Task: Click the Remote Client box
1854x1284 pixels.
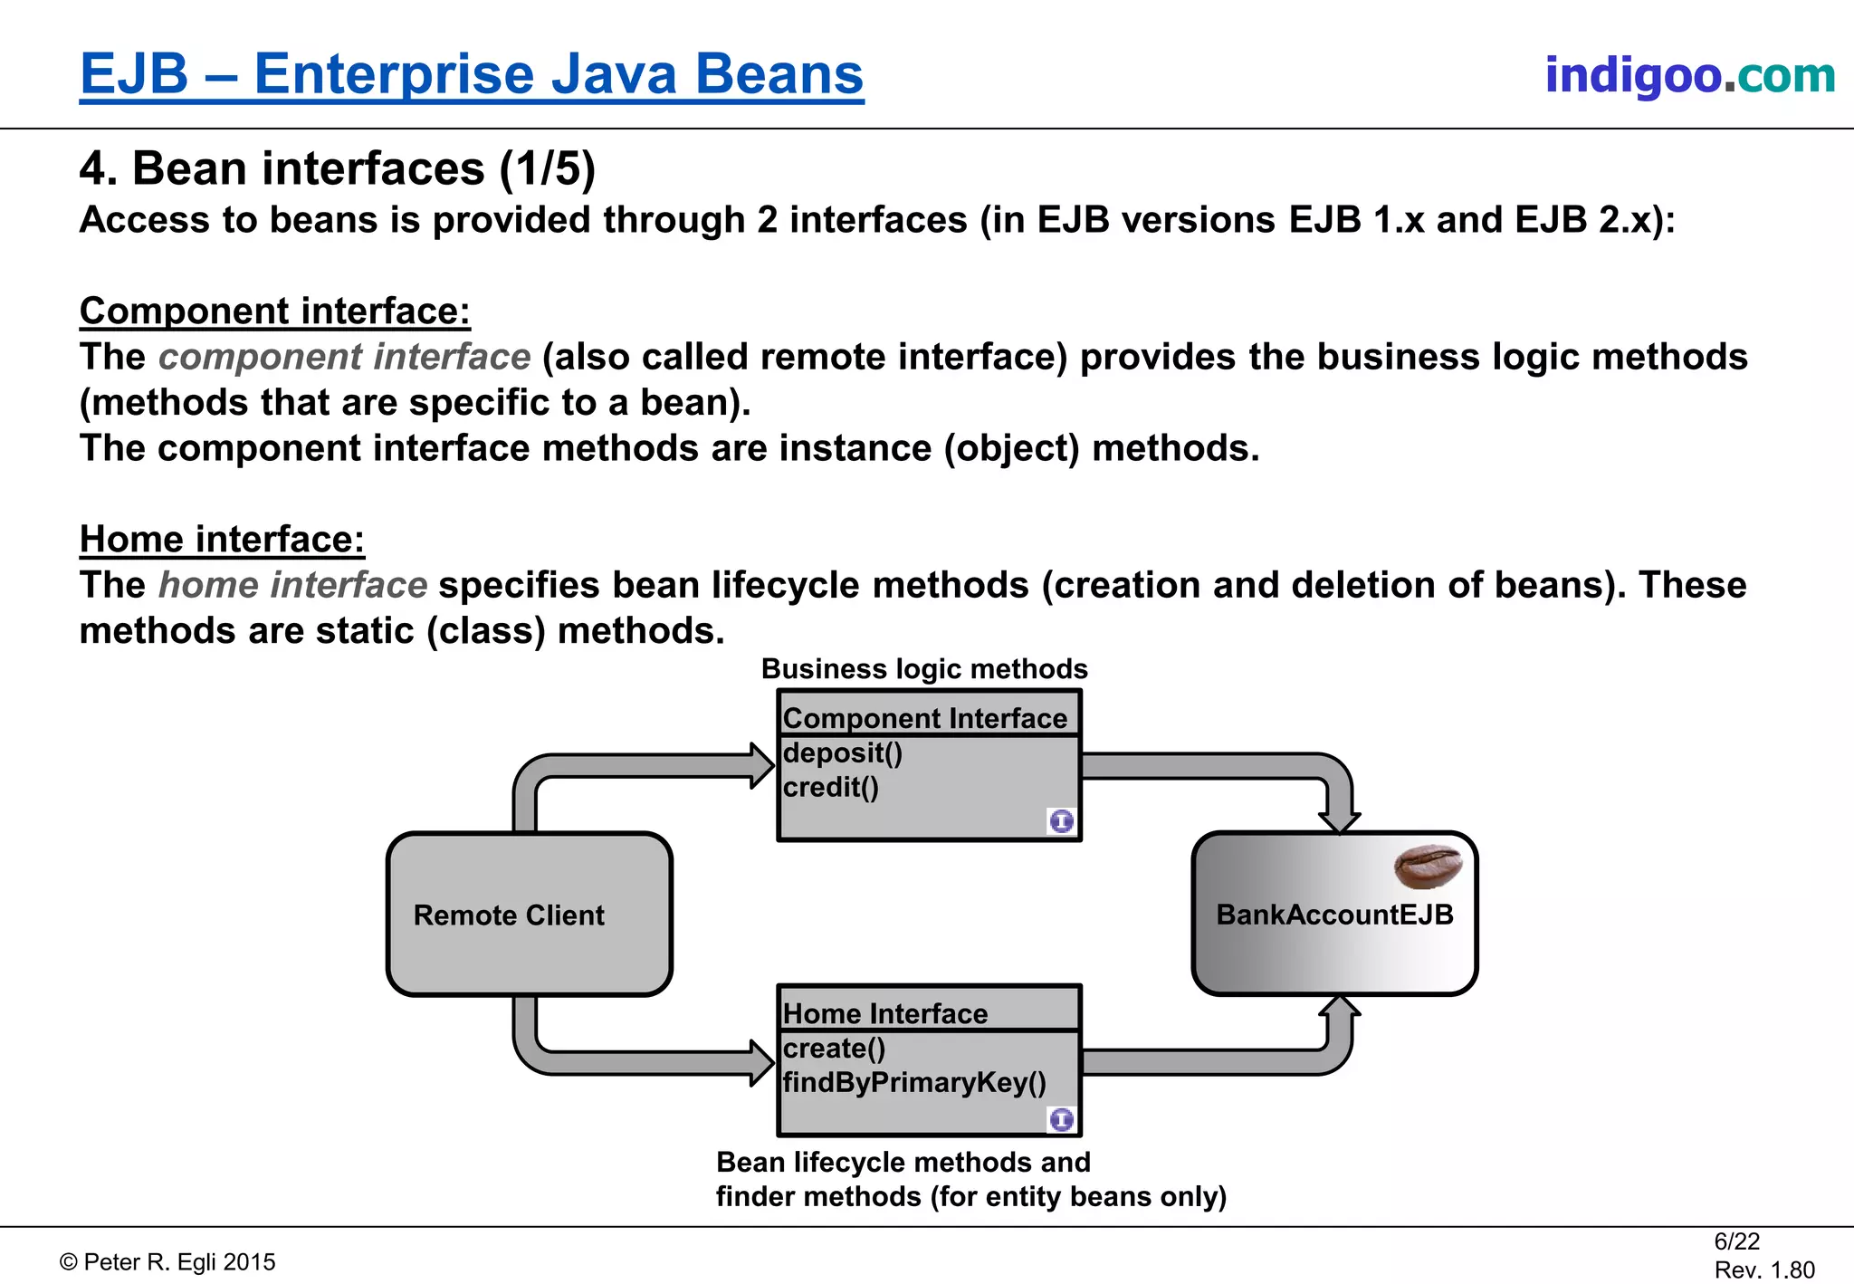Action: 529,915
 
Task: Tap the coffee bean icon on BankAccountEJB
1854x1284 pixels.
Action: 1428,867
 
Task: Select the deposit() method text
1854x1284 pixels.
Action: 842,753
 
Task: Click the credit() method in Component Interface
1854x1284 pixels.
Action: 830,788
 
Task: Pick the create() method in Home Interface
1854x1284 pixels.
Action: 834,1049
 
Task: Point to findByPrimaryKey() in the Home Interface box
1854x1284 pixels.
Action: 914,1083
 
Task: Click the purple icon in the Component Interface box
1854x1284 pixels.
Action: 1061,821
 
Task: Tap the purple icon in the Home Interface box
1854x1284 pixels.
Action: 1061,1120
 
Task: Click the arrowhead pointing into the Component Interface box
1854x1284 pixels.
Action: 761,766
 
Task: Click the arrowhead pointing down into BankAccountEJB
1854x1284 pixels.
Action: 1339,820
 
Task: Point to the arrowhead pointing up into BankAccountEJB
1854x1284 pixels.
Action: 1340,1008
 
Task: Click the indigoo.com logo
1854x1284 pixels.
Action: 1689,75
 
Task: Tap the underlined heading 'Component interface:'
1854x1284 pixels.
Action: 275,311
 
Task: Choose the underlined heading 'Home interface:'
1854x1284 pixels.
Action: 222,539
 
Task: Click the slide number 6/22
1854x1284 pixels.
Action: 1736,1241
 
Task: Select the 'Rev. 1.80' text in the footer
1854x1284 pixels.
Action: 1763,1270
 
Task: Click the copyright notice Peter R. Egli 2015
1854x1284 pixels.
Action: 167,1262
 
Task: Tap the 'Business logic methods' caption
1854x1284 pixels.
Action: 923,668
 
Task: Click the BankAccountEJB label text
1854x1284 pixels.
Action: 1334,915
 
